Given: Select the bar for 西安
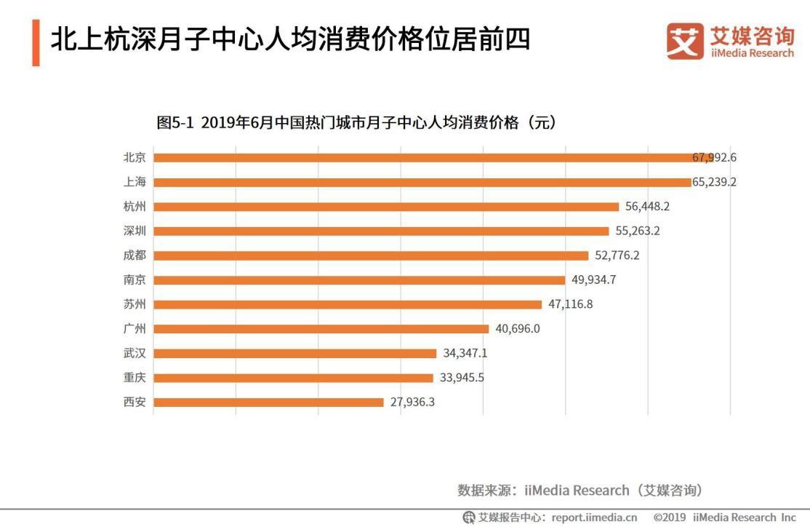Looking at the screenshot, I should [x=268, y=402].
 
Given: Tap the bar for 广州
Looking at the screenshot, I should [x=321, y=328].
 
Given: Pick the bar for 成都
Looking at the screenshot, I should [x=371, y=255].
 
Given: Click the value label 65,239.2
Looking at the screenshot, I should [x=714, y=182].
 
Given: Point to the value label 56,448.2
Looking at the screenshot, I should [x=647, y=207].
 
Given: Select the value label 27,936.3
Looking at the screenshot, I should [x=412, y=402].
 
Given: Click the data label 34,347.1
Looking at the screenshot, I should [x=465, y=353].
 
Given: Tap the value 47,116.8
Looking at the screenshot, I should [x=570, y=304].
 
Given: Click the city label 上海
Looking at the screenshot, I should [x=135, y=182].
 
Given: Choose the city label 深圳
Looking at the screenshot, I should [x=135, y=231].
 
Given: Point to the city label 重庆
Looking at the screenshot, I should [x=135, y=377].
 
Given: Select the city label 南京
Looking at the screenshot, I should [x=135, y=280].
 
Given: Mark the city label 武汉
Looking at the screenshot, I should [x=135, y=353].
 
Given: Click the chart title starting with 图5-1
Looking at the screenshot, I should [x=356, y=122].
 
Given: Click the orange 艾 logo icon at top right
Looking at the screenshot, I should [x=685, y=41].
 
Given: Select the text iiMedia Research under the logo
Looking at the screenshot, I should [x=752, y=53].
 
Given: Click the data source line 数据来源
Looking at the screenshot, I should [x=580, y=490].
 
